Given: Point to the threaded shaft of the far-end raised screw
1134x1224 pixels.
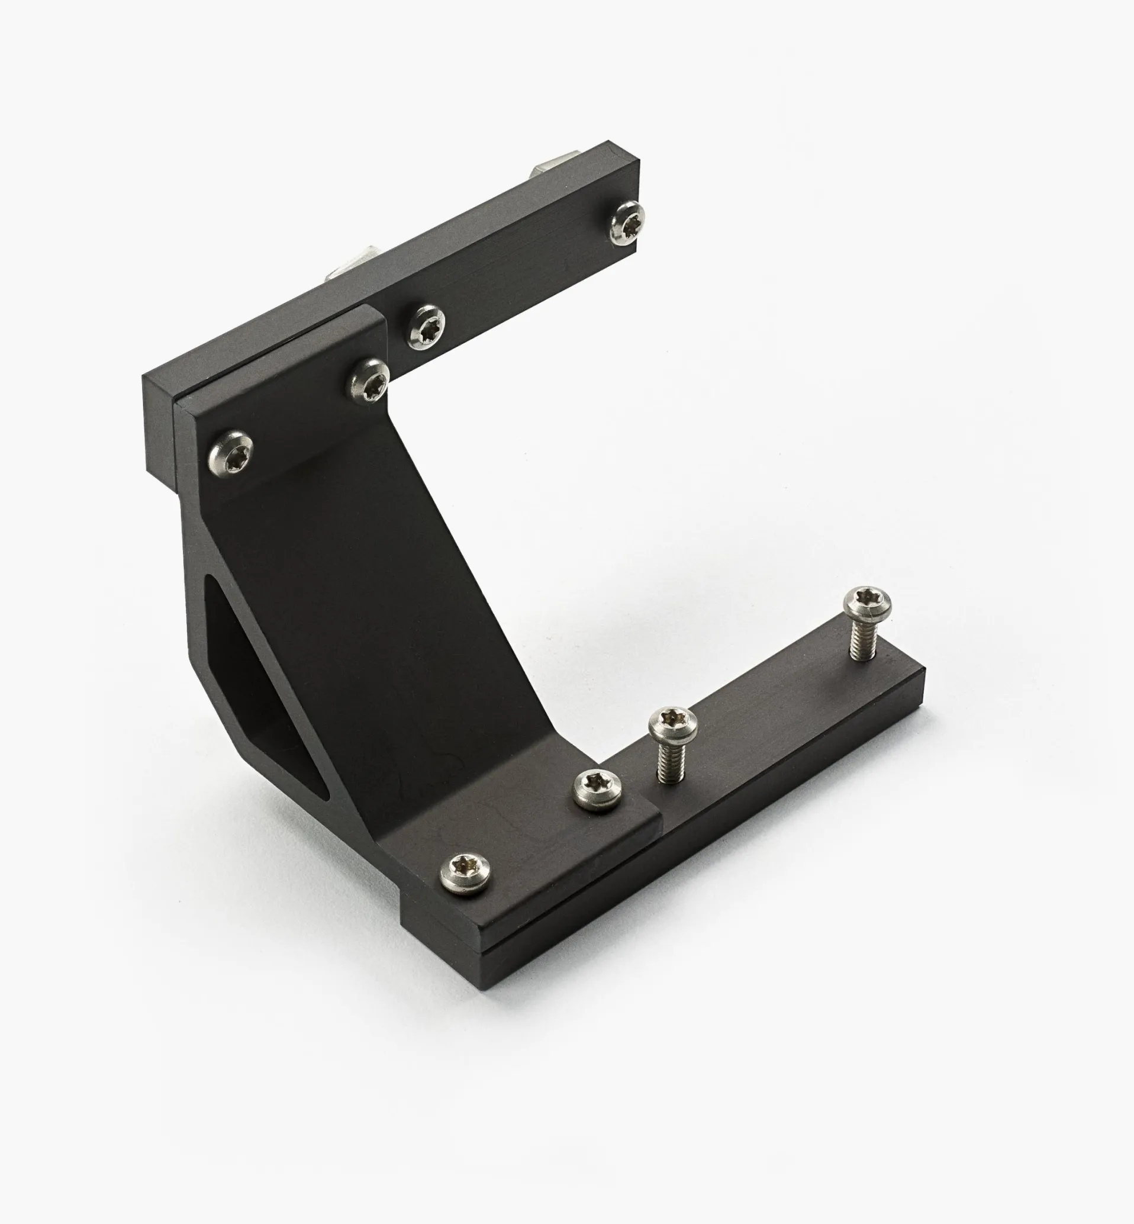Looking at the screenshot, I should pos(862,641).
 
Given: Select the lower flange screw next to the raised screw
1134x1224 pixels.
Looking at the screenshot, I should pos(598,789).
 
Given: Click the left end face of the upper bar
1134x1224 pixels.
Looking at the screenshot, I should pos(158,423).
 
